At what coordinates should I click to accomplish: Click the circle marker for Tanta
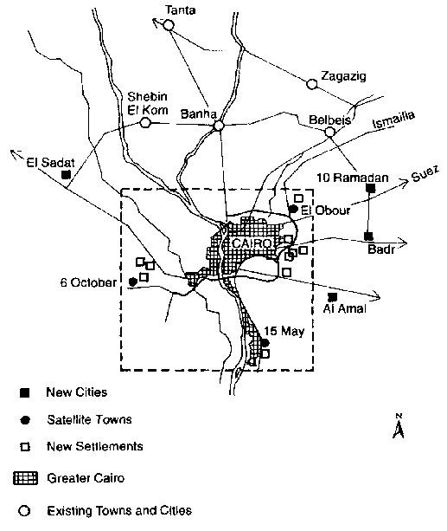(x=169, y=25)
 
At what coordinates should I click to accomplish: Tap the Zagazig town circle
(x=312, y=84)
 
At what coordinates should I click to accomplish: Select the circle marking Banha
(x=219, y=126)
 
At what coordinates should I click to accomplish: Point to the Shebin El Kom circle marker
(x=145, y=123)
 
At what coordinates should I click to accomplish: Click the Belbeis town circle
(x=329, y=132)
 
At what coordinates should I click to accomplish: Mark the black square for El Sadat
(x=66, y=175)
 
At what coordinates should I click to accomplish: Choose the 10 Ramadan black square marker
(x=371, y=188)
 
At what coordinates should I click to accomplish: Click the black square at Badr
(x=368, y=236)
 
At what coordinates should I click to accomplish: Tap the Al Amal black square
(x=333, y=297)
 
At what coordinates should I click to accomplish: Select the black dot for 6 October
(x=133, y=282)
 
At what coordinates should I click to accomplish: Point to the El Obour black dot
(x=293, y=210)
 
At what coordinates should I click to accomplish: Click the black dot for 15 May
(x=265, y=343)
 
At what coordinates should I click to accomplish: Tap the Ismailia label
(x=393, y=120)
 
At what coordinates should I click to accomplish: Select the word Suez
(x=425, y=173)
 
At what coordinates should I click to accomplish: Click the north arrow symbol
(x=399, y=426)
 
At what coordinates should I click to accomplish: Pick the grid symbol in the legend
(x=25, y=478)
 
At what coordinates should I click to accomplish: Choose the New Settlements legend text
(x=95, y=446)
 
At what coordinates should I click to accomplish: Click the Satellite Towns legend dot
(x=25, y=420)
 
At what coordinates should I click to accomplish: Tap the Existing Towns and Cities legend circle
(x=25, y=511)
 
